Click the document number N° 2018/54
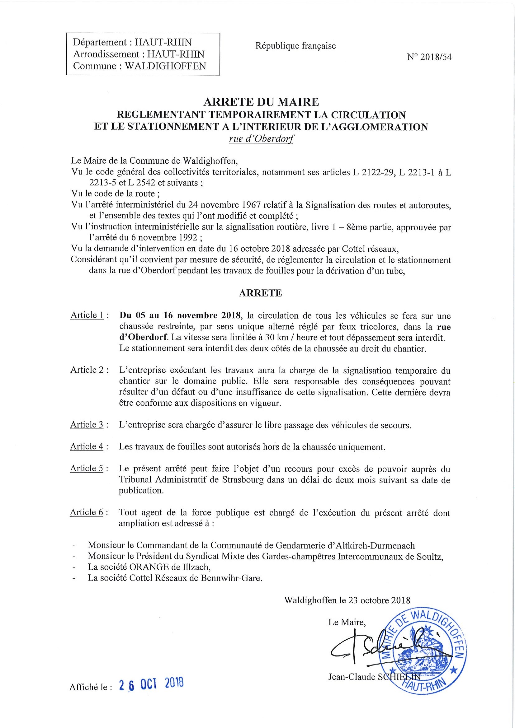click(429, 57)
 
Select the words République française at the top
click(295, 46)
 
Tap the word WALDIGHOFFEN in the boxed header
click(166, 66)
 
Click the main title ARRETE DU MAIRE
click(261, 102)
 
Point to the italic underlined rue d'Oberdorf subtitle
click(261, 139)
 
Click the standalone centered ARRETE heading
click(260, 293)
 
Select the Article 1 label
click(87, 315)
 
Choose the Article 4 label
click(87, 446)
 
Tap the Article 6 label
click(87, 512)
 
